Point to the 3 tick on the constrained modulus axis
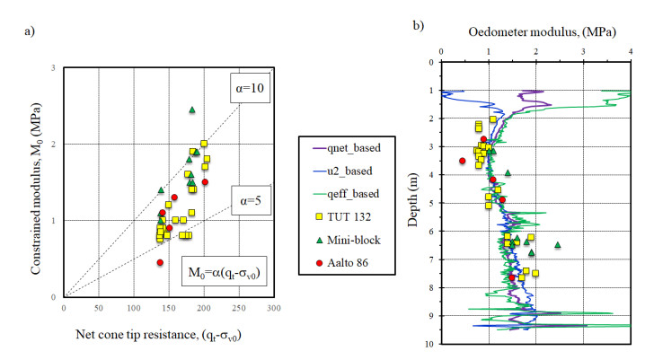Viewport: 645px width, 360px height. click(55, 68)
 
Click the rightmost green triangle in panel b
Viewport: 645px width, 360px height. click(558, 244)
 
